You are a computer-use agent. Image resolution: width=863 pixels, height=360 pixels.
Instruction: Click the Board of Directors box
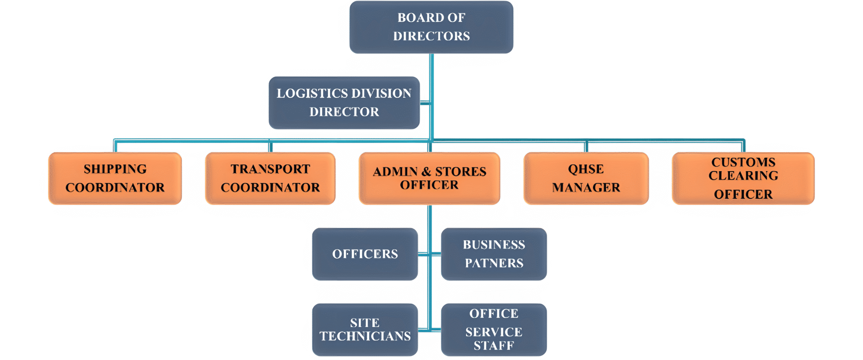pyautogui.click(x=431, y=27)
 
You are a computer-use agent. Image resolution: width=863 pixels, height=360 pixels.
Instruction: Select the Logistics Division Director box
pyautogui.click(x=344, y=102)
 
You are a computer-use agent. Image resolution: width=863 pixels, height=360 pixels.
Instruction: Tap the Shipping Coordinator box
pyautogui.click(x=115, y=178)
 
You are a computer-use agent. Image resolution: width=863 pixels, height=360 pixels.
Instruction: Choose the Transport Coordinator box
pyautogui.click(x=270, y=178)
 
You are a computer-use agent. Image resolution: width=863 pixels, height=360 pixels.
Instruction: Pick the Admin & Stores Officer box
pyautogui.click(x=429, y=178)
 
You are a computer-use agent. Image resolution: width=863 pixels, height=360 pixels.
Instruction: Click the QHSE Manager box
pyautogui.click(x=586, y=178)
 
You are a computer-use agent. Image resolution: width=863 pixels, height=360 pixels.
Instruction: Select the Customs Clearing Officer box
pyautogui.click(x=743, y=178)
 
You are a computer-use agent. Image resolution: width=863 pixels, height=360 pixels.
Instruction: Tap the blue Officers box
pyautogui.click(x=365, y=254)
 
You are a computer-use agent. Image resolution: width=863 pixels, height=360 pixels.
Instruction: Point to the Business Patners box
pyautogui.click(x=494, y=254)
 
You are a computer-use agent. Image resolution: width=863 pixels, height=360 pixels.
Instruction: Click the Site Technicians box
pyautogui.click(x=365, y=329)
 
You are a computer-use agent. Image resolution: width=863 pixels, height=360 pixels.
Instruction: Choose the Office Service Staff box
pyautogui.click(x=494, y=329)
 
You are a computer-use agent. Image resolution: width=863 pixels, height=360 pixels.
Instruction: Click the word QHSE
pyautogui.click(x=586, y=169)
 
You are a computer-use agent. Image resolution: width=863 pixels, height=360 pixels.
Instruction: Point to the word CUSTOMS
pyautogui.click(x=743, y=162)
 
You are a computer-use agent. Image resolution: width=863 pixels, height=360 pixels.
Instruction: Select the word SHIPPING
pyautogui.click(x=115, y=169)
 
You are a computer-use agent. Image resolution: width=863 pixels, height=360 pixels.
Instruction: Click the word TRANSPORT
pyautogui.click(x=270, y=169)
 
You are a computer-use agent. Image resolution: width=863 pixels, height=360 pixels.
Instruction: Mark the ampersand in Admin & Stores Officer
pyautogui.click(x=426, y=172)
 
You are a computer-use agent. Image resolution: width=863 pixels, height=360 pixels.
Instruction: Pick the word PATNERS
pyautogui.click(x=494, y=263)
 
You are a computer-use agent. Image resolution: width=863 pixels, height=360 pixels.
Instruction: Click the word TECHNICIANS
pyautogui.click(x=365, y=336)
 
